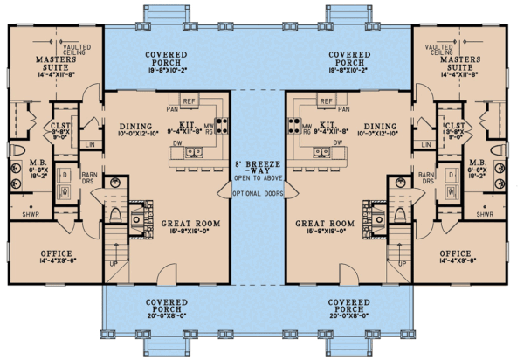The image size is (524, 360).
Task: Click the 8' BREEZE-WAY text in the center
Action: click(261, 166)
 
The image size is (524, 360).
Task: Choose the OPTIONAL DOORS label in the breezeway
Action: click(261, 193)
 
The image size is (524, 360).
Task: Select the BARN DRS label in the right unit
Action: click(427, 180)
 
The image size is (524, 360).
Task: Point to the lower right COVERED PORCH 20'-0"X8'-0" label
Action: click(355, 308)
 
